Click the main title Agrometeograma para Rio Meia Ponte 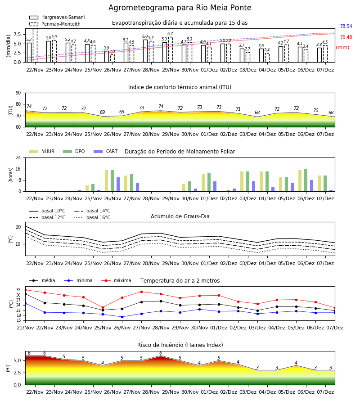coord(180,8)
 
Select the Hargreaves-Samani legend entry coord(57,17)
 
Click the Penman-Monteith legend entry coord(55,24)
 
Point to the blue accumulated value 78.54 coord(346,27)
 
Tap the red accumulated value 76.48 coord(346,37)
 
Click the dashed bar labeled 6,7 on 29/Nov coord(171,49)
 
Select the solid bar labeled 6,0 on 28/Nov coord(145,51)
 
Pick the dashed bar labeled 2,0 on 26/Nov coord(112,58)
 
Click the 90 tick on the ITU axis coord(18,93)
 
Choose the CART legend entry coord(106,151)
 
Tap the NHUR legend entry coord(42,151)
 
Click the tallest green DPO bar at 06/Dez coord(306,180)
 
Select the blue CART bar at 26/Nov coord(118,184)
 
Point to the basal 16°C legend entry coord(92,217)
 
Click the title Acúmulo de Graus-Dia coord(180,216)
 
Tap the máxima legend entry coord(116,280)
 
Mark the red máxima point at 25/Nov coord(103,308)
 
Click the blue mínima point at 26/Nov coord(122,317)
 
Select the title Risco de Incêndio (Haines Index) coord(180,345)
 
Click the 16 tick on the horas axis coord(18,169)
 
